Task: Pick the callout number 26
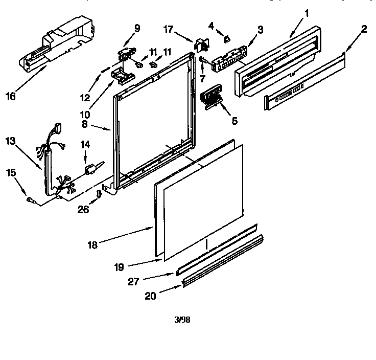pyautogui.click(x=83, y=209)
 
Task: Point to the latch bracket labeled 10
pyautogui.click(x=121, y=76)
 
